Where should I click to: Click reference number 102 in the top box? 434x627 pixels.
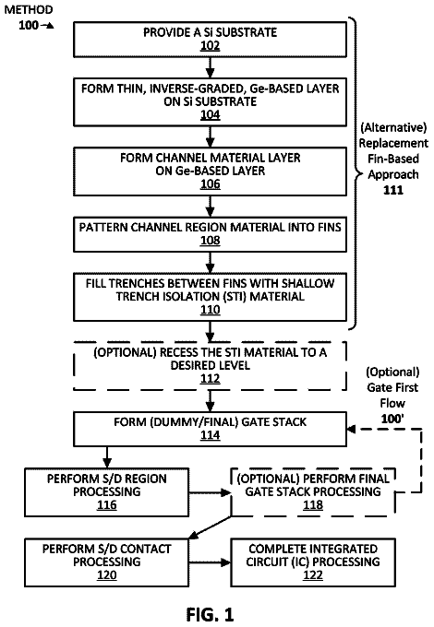pos(211,45)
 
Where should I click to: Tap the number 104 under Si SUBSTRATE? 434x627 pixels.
pos(211,115)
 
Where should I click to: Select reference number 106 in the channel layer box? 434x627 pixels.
pos(211,184)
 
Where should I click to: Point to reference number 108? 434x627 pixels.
pos(211,241)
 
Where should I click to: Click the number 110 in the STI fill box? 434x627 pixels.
pos(211,310)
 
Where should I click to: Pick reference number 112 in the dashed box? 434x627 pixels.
pos(211,379)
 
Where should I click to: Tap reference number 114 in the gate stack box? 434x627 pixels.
pos(211,435)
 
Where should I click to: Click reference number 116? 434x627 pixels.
pos(107,505)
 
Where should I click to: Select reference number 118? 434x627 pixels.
pos(313,505)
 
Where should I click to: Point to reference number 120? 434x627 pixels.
pos(107,575)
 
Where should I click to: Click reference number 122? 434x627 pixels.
pos(313,575)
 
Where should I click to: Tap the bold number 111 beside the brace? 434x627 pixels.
pos(393,190)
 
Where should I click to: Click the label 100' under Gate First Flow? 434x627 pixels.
pos(392,419)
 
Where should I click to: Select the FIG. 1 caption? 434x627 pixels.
pos(210,614)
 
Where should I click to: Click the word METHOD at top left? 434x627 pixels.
pos(29,10)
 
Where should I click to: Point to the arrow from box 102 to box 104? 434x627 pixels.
pos(211,67)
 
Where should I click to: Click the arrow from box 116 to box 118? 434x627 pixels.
pos(210,492)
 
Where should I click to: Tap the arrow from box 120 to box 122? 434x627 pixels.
pos(210,562)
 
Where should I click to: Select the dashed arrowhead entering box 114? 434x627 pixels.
pos(351,429)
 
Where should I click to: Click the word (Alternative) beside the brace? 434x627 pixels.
pos(393,127)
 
